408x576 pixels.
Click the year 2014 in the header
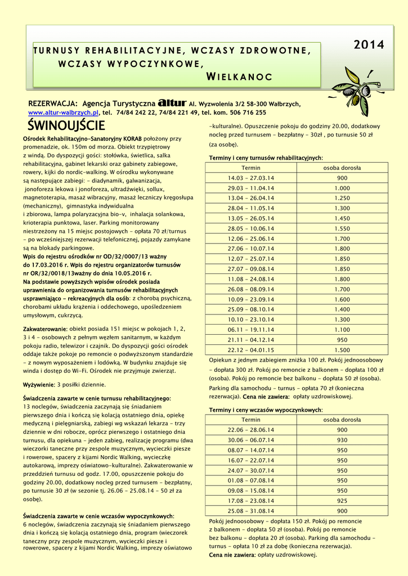tap(369, 44)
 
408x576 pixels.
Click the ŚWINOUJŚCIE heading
tap(66, 125)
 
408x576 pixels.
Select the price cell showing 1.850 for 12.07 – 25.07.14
tap(342, 259)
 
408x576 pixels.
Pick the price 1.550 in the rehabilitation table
tap(342, 228)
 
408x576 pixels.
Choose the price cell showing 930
tap(342, 440)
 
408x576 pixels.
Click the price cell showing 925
tap(342, 501)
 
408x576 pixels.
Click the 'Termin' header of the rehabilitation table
tap(250, 168)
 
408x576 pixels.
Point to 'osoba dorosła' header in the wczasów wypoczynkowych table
tap(342, 420)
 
